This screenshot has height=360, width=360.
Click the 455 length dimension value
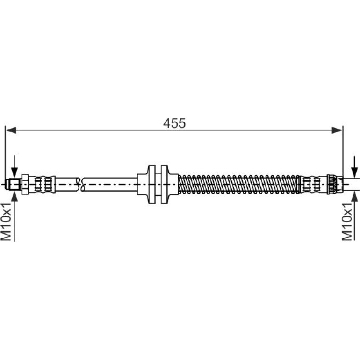174,123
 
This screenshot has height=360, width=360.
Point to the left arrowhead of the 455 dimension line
11,130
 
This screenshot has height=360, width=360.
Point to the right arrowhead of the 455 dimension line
337,130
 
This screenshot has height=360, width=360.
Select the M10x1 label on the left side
6,221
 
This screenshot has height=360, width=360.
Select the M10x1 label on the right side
347,221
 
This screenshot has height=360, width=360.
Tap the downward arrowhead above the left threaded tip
14,173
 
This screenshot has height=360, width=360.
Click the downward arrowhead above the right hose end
355,173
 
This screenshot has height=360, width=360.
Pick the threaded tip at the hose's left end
14,184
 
